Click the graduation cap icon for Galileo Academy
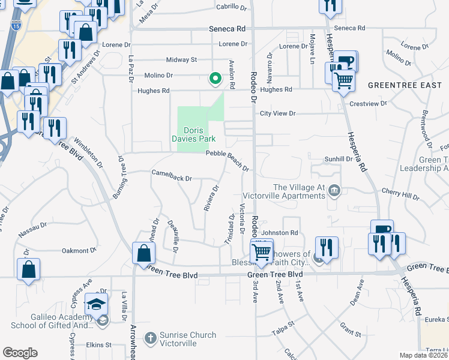pos(96,305)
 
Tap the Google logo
pos(20,353)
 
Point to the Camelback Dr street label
pos(171,178)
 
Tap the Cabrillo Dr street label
pos(232,8)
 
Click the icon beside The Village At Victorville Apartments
pos(335,191)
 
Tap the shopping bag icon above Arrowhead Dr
pos(143,254)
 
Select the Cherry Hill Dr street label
pos(403,196)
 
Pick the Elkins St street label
pos(99,345)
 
